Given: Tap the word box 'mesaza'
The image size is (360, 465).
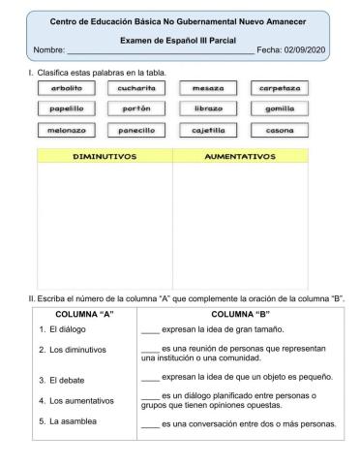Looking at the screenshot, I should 208,87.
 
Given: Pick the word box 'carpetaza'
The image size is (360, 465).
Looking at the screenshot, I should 280,87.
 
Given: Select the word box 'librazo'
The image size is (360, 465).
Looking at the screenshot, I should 208,108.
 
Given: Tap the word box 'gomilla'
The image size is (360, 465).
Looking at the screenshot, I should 280,108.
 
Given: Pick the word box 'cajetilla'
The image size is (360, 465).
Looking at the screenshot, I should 208,130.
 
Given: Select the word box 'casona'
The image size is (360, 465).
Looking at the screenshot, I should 280,130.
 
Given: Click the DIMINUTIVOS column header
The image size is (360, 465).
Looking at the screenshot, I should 105,156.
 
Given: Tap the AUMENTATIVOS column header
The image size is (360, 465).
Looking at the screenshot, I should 240,156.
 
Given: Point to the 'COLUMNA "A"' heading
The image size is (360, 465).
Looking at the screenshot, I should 85,315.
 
